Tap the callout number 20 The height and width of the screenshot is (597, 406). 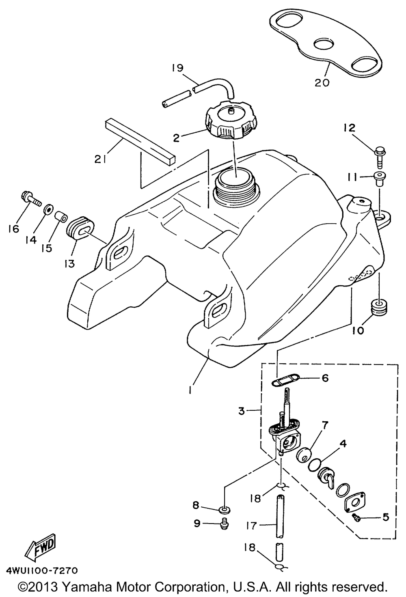[x=322, y=83]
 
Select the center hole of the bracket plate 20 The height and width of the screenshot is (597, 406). [x=324, y=44]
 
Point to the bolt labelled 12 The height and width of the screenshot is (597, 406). [x=380, y=158]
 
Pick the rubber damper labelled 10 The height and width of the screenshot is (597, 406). [x=378, y=307]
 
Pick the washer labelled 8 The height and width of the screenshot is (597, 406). [x=225, y=510]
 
